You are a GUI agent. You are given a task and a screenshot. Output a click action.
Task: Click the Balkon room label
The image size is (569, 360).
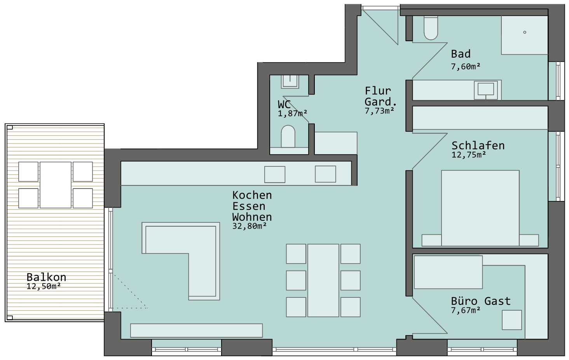click(46, 277)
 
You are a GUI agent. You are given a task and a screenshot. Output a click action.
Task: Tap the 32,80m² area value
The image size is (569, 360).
click(250, 226)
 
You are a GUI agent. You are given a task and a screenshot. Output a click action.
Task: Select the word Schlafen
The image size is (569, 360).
click(478, 145)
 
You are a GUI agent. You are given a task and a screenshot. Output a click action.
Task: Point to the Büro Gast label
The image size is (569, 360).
click(481, 301)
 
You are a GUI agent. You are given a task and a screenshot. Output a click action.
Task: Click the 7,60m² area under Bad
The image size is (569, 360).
click(466, 66)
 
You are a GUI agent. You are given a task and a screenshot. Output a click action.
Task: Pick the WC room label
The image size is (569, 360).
click(284, 105)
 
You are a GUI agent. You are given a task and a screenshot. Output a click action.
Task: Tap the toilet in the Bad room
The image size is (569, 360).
click(431, 28)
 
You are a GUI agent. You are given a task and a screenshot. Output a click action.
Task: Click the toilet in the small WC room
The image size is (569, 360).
click(288, 136)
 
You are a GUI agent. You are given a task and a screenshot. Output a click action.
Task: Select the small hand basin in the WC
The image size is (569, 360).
click(290, 82)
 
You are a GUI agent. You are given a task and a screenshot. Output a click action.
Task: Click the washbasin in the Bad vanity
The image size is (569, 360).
click(486, 90)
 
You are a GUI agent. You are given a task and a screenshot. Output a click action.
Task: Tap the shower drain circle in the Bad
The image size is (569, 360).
click(525, 32)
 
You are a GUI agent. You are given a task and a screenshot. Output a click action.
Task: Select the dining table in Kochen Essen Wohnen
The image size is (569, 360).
click(323, 280)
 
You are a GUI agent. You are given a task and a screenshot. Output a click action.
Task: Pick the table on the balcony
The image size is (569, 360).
click(55, 185)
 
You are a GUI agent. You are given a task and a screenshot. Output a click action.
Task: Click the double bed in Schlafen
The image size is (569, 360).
click(480, 208)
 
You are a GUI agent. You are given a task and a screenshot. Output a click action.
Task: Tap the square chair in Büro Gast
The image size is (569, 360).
click(512, 320)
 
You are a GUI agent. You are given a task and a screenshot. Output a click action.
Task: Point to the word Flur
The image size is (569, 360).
click(378, 91)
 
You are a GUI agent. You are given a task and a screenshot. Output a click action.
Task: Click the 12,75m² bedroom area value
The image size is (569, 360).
click(469, 155)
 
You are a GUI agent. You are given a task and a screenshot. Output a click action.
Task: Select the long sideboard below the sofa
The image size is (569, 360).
click(196, 330)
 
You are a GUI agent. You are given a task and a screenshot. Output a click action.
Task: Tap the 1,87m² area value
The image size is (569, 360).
click(292, 113)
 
